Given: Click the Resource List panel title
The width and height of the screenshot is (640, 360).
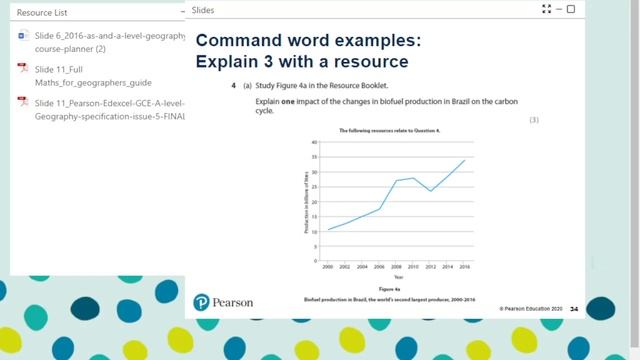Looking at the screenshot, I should click(x=41, y=12).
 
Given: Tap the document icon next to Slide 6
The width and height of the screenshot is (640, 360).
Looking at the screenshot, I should click(x=22, y=36).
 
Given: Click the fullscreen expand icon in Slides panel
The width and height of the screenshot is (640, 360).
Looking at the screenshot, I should click(x=545, y=9).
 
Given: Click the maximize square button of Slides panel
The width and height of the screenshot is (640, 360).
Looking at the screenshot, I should click(x=570, y=9).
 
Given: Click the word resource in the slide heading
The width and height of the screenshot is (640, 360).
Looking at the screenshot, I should click(x=372, y=61).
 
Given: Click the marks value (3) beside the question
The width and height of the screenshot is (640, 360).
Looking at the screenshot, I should click(x=534, y=119).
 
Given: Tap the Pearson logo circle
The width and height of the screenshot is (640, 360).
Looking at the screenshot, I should click(x=201, y=301).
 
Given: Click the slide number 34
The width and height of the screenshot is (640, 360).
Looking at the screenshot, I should click(x=574, y=309).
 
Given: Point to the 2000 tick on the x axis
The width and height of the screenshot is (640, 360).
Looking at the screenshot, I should click(x=327, y=266).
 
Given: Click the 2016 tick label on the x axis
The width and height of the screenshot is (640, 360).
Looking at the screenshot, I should click(x=464, y=266).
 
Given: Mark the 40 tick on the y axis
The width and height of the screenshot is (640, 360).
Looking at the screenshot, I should click(x=315, y=142).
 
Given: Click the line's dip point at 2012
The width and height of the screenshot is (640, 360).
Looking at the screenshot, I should click(x=430, y=191).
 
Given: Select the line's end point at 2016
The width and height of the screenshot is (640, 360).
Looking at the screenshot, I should click(x=464, y=161).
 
